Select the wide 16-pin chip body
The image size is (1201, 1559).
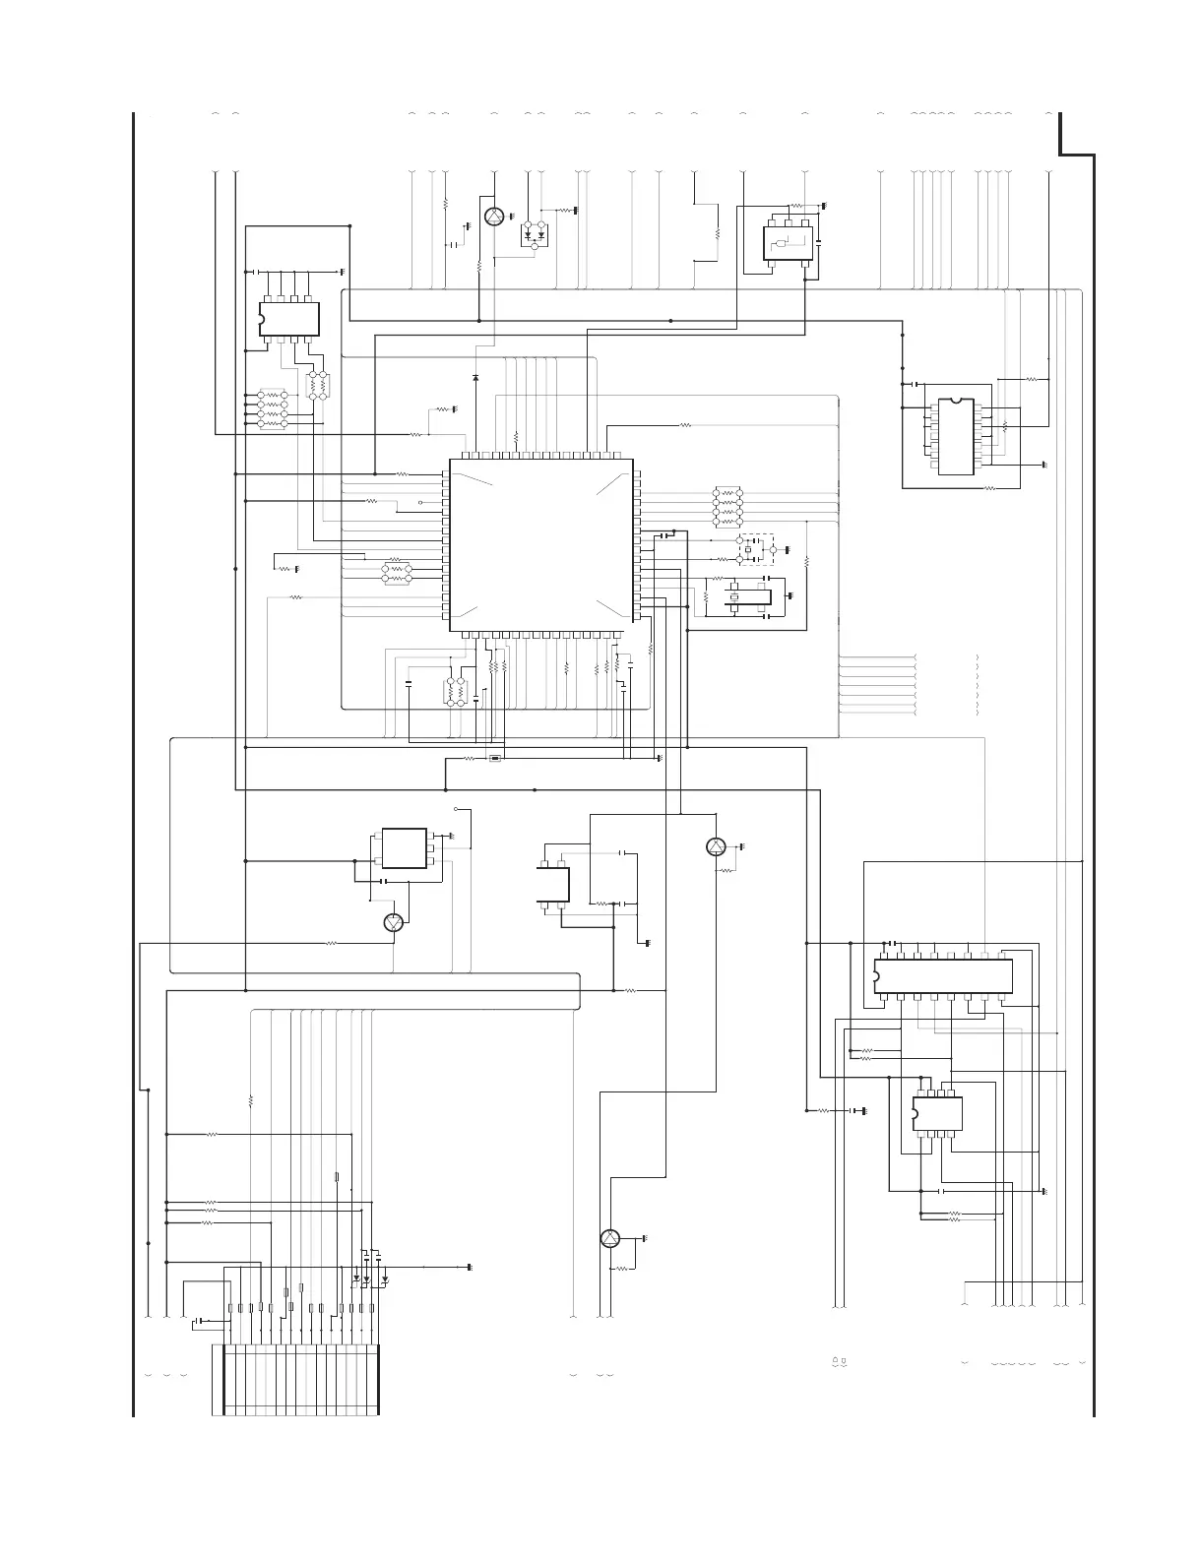[x=943, y=975]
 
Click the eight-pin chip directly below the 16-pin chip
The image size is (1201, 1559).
[x=937, y=1113]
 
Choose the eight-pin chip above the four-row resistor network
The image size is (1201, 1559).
[x=289, y=318]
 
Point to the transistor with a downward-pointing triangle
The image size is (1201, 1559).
[x=394, y=922]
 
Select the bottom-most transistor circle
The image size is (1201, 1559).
[x=610, y=1238]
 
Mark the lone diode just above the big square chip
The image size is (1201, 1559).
[x=475, y=377]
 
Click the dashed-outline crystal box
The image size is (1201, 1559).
[x=756, y=549]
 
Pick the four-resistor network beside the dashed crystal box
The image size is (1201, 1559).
[x=727, y=506]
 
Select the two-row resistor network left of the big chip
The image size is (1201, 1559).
[x=396, y=573]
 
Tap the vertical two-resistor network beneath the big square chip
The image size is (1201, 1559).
[x=455, y=691]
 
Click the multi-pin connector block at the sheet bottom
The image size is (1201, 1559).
[x=295, y=1378]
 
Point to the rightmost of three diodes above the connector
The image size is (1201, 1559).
[x=385, y=1279]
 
